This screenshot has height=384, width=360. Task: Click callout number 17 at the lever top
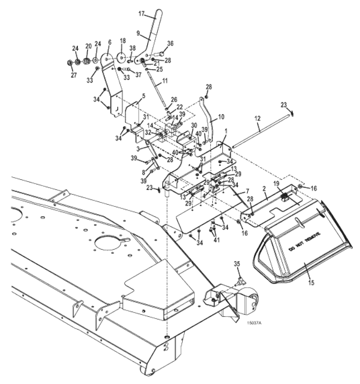point(141,13)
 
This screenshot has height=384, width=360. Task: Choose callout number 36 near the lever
point(170,44)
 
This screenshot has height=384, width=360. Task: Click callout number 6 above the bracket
point(110,42)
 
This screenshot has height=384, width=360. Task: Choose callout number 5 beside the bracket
point(142,96)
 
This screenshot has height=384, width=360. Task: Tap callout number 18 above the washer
point(123,40)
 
